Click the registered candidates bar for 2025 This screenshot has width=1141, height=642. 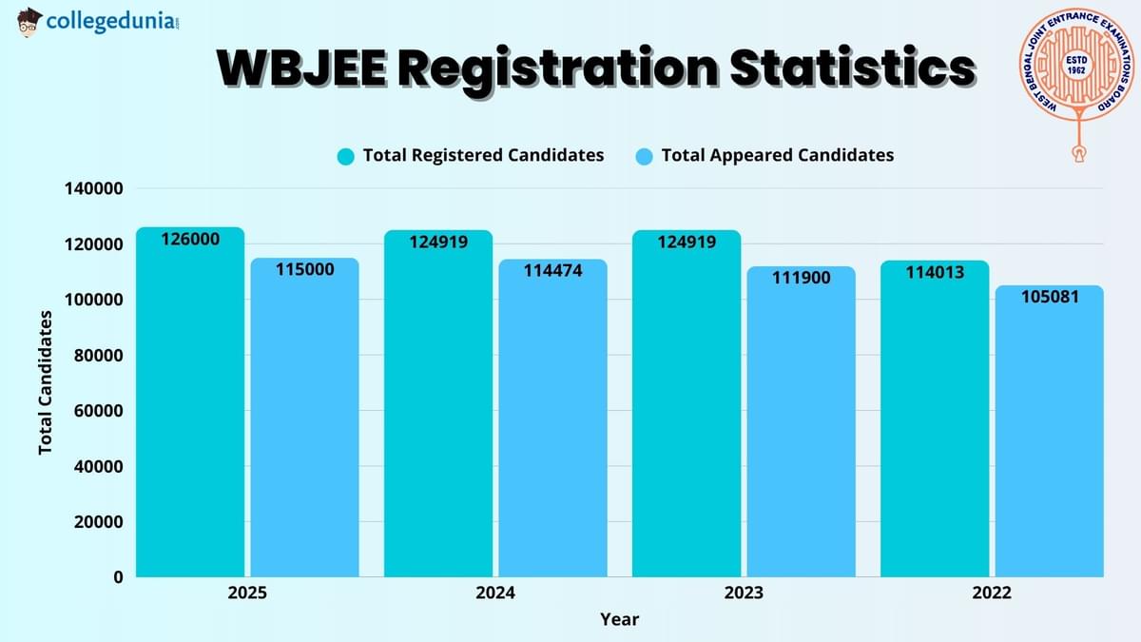(190, 409)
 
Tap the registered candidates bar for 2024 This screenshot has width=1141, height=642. (438, 409)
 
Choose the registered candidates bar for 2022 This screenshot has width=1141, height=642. (935, 423)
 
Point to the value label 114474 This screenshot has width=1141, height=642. (552, 271)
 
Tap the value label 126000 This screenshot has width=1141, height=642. (190, 240)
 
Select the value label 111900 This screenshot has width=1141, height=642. (801, 278)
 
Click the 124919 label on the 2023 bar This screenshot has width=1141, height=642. (687, 242)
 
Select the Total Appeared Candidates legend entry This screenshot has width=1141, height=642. (765, 155)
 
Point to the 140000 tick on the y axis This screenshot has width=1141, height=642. (93, 189)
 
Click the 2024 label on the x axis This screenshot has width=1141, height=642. (495, 593)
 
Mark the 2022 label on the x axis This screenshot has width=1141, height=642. (992, 593)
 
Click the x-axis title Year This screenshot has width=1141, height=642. (619, 619)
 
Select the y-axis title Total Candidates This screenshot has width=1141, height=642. (46, 382)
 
